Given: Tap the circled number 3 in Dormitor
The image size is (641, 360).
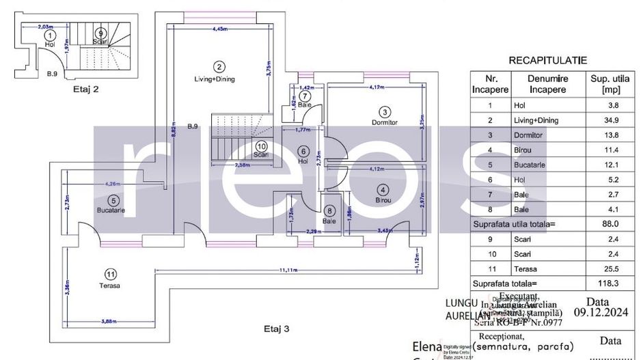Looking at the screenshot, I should (385, 112).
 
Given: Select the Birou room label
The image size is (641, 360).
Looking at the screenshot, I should (383, 200).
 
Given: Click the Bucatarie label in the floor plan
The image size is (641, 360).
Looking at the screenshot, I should (111, 210).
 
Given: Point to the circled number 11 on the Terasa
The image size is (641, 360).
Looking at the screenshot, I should (109, 274).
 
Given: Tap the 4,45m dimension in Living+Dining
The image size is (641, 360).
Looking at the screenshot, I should (219, 29).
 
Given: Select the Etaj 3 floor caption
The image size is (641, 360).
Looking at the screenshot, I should (277, 329).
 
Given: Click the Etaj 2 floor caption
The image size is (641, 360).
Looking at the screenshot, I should (87, 89).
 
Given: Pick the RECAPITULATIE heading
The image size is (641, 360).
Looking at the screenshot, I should (547, 61).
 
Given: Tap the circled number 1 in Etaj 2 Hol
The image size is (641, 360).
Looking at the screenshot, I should (49, 34).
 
